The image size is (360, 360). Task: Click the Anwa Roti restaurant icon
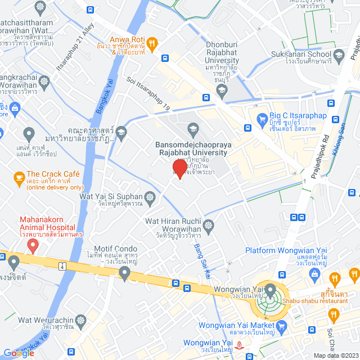(151, 40)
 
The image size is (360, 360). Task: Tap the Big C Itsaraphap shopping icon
(262, 118)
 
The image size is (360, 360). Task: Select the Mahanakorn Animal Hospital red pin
(33, 245)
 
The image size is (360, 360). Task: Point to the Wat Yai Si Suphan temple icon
(150, 196)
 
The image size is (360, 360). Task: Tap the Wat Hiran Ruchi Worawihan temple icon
(209, 225)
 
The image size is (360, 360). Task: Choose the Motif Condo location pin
(125, 273)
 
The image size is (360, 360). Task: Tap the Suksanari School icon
(339, 55)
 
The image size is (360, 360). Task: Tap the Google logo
(19, 353)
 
